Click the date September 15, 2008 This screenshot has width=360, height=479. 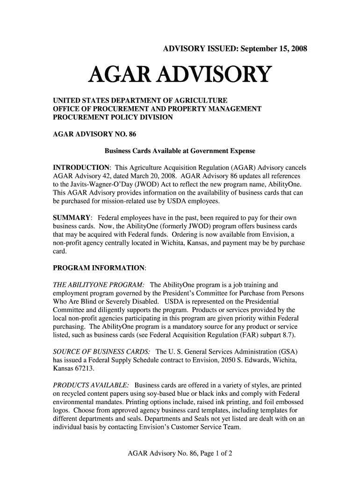pos(270,49)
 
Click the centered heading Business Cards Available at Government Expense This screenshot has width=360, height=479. pos(180,152)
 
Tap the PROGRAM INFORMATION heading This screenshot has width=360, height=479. pos(99,269)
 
